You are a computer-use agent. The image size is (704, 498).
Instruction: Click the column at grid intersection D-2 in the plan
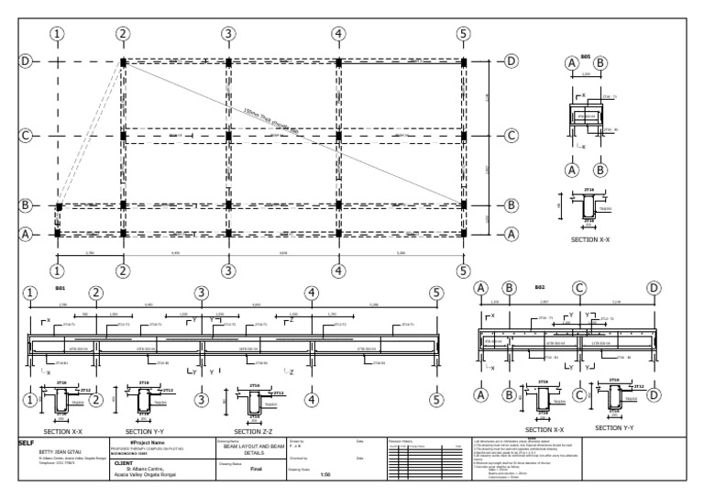coord(123,61)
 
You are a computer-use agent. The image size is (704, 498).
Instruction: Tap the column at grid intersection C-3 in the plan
coord(228,136)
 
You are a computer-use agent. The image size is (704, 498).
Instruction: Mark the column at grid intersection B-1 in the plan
coord(59,206)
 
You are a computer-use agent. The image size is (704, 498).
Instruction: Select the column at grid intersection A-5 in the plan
coord(464,234)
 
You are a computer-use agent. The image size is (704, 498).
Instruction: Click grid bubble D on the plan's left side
coord(26,61)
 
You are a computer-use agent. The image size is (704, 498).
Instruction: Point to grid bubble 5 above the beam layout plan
coord(464,34)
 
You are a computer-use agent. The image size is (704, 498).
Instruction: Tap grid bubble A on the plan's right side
coord(511,234)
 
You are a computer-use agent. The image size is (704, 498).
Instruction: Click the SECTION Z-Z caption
coord(260,430)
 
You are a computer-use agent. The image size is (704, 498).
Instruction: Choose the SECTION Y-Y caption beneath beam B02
coord(621,427)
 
